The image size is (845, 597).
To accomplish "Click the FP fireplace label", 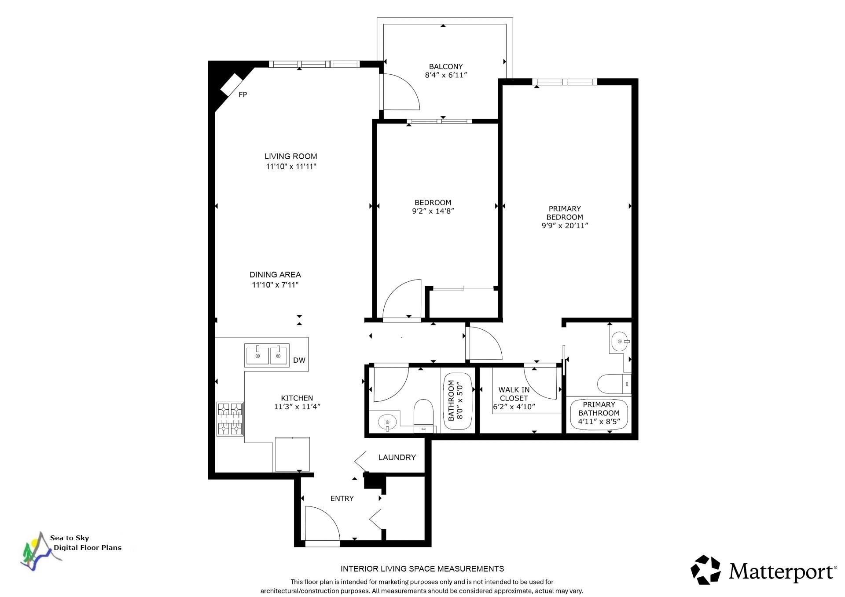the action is pyautogui.click(x=242, y=95).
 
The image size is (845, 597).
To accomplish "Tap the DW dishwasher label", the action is pyautogui.click(x=299, y=360).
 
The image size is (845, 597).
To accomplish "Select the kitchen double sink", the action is pyautogui.click(x=267, y=355).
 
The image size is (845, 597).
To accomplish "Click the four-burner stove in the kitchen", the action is pyautogui.click(x=230, y=419).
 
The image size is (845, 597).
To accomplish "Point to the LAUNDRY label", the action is pyautogui.click(x=397, y=458).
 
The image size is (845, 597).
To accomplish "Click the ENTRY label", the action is pyautogui.click(x=342, y=499).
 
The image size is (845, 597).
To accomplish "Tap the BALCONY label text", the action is pyautogui.click(x=446, y=66).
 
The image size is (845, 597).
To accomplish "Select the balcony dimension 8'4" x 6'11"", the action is pyautogui.click(x=446, y=75).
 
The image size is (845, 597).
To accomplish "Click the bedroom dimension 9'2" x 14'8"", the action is pyautogui.click(x=433, y=211).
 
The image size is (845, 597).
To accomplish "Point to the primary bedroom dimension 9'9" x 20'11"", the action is pyautogui.click(x=565, y=226).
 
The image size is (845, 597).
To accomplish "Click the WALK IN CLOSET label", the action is pyautogui.click(x=514, y=394).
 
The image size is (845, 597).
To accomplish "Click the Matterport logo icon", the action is pyautogui.click(x=705, y=570).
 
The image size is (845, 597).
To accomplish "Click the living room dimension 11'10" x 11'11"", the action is pyautogui.click(x=291, y=167).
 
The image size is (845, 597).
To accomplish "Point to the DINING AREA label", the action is pyautogui.click(x=275, y=275).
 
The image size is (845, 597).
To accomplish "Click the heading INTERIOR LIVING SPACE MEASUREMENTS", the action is pyautogui.click(x=422, y=569).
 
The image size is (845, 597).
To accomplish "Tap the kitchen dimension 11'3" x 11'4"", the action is pyautogui.click(x=297, y=407).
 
